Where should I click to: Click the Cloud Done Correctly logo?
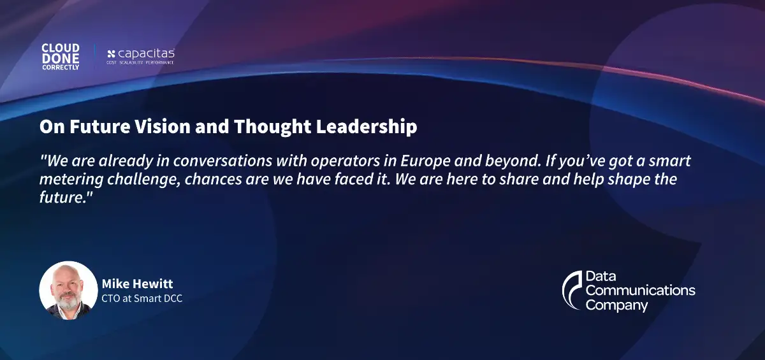[61, 57]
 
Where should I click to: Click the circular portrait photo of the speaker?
[68, 290]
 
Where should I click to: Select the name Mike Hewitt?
[137, 284]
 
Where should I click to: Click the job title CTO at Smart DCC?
[142, 298]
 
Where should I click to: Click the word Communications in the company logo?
[640, 291]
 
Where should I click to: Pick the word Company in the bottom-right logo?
[616, 305]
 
